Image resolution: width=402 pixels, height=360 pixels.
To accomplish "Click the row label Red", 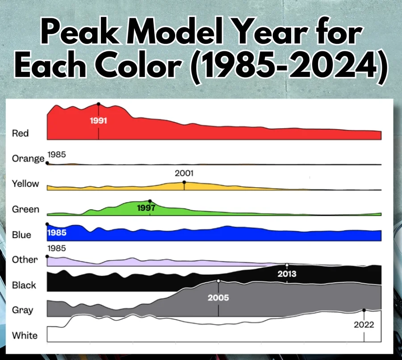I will tap(20, 133).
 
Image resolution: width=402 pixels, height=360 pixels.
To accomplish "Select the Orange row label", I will tap(28, 159).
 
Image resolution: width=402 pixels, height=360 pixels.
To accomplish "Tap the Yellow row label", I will tap(25, 184).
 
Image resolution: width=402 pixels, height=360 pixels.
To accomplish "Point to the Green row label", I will tap(25, 209).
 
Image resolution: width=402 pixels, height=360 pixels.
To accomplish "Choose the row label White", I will tap(25, 335).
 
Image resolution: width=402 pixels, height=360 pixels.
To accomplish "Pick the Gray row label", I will tap(22, 310).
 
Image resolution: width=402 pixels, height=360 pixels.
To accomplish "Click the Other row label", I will tap(25, 260).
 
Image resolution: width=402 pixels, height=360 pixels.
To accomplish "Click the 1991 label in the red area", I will tap(98, 120).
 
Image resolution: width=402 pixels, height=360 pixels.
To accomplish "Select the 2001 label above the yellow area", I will tap(184, 173).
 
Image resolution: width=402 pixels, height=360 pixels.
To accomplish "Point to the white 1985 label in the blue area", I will tap(57, 233).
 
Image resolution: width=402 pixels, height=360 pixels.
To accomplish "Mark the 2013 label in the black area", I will tap(287, 273).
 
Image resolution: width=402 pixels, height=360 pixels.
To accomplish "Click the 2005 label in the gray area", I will tap(218, 297).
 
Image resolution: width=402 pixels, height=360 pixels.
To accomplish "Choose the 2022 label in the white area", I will tap(364, 325).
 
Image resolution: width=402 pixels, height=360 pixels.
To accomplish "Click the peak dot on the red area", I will tap(98, 104).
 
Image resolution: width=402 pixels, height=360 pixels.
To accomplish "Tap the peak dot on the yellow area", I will tap(184, 182).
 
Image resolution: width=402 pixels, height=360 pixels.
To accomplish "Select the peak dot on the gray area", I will tap(218, 281).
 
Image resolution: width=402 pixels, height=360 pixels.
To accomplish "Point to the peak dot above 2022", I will tap(364, 310).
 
